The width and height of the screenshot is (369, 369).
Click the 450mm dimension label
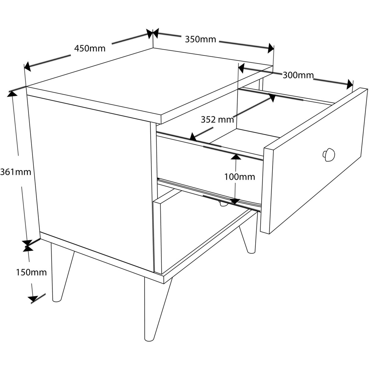90,49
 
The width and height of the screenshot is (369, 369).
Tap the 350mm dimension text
200,39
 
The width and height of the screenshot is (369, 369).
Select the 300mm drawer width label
298,75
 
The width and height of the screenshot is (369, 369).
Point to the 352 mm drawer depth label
217,120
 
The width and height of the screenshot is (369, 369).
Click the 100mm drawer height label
240,177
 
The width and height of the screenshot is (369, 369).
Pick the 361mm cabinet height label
15,172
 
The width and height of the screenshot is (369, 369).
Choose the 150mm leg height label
31,272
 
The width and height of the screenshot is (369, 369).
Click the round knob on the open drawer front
329,155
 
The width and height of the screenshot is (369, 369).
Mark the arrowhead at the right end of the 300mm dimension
350,85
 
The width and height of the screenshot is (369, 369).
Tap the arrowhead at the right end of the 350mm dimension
271,48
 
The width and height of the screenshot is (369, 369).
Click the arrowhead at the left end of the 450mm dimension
27,66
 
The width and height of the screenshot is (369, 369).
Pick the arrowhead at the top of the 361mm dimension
12,94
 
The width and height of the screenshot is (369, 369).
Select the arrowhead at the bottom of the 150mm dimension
33,299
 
